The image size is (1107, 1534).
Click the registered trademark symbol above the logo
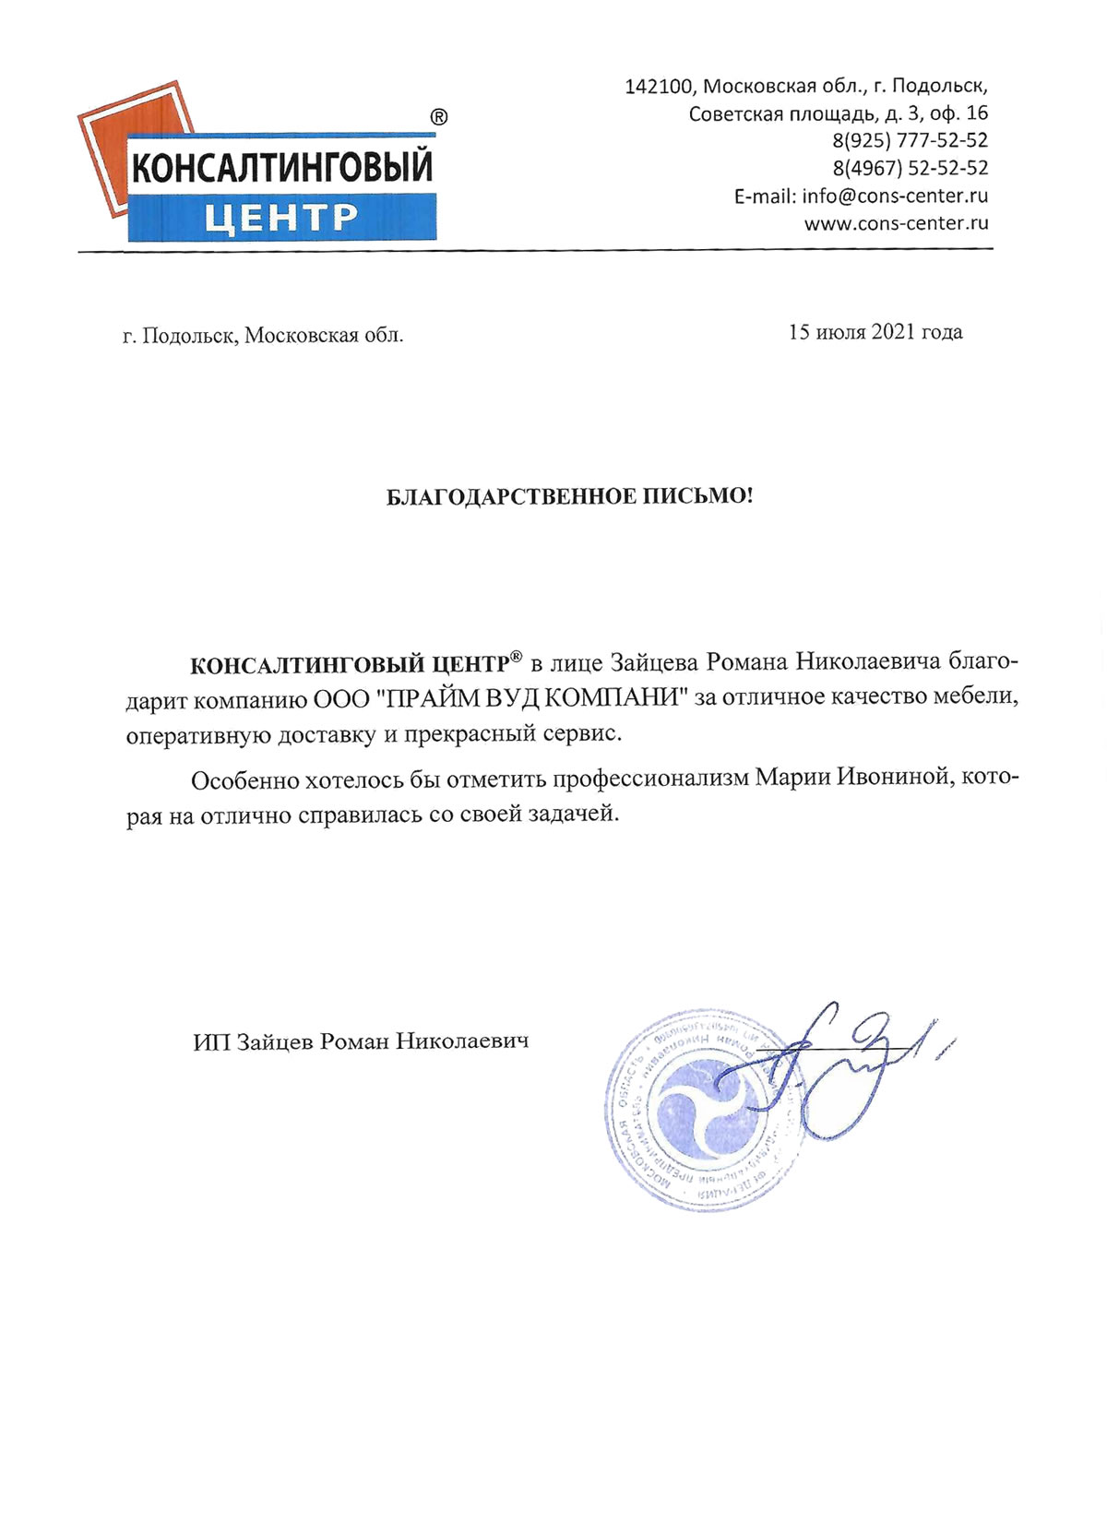[x=439, y=117]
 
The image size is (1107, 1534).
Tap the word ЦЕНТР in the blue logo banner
[x=280, y=218]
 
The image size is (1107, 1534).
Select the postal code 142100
[x=659, y=87]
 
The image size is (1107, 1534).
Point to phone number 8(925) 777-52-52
[x=910, y=141]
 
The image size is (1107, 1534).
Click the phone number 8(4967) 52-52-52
[x=910, y=169]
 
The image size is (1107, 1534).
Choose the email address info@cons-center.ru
[x=895, y=196]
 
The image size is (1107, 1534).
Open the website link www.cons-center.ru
[x=896, y=223]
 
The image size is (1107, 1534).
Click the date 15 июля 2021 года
[x=875, y=332]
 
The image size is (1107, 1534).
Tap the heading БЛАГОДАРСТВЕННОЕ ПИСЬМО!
[x=569, y=497]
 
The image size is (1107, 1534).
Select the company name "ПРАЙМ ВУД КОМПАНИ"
[x=534, y=698]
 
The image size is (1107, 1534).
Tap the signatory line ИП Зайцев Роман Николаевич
[x=361, y=1042]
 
